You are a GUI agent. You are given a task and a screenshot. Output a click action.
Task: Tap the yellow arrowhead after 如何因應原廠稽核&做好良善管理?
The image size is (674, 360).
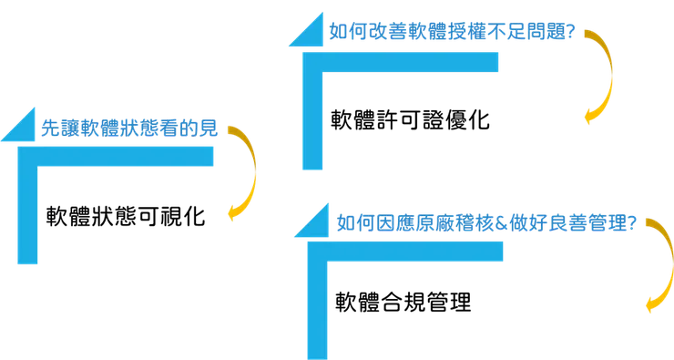650,306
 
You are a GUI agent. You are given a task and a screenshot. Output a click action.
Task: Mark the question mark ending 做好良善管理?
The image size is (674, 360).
630,223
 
